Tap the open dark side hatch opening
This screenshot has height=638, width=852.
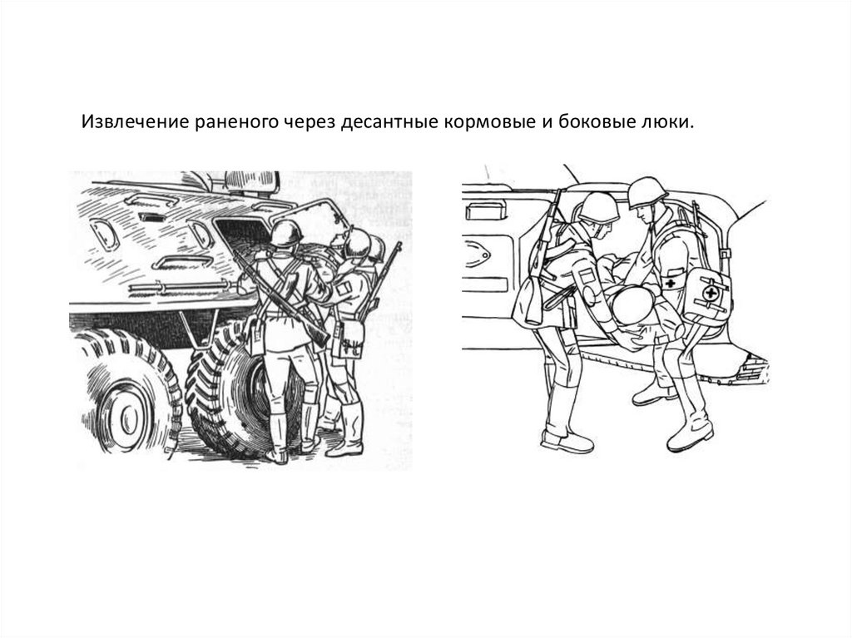tap(242, 235)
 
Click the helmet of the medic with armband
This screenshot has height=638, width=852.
tap(646, 193)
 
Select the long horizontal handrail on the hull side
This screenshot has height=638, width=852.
tap(180, 286)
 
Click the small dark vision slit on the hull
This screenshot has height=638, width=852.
tap(151, 218)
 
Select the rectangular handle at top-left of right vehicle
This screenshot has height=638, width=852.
tap(486, 210)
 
